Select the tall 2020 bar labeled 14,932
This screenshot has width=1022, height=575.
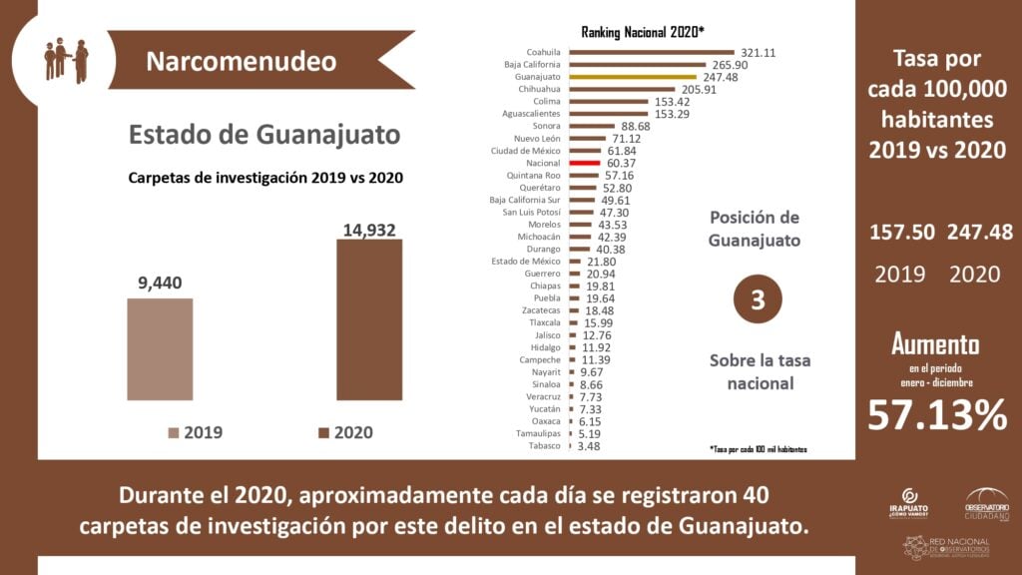tap(369, 319)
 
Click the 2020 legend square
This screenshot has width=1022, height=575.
tap(324, 432)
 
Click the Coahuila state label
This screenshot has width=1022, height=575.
tap(543, 52)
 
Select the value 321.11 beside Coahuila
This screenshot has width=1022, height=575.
tap(758, 52)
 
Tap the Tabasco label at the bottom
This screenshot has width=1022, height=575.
tap(544, 445)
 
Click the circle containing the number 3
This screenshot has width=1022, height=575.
tap(758, 300)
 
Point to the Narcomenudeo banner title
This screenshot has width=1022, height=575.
tap(241, 61)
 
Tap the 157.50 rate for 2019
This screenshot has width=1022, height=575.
tap(902, 232)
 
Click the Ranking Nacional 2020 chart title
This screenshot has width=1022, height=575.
tap(643, 32)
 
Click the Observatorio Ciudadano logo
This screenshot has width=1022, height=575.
tap(986, 502)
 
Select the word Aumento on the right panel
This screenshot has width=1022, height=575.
tap(935, 345)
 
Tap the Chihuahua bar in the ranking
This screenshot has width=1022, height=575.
tap(618, 89)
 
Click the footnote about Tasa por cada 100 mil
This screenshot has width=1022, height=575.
tap(758, 449)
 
